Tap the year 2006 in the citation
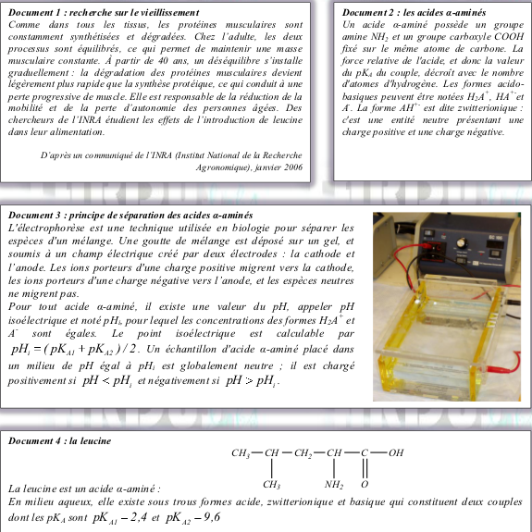[x=293, y=167]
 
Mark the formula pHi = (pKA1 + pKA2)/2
[x=74, y=350]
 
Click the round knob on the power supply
[x=462, y=243]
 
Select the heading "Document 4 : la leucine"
[x=60, y=440]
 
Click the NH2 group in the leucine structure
[x=334, y=485]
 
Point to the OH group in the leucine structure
[x=396, y=452]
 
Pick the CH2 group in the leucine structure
[x=303, y=453]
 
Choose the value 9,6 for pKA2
[x=212, y=517]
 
